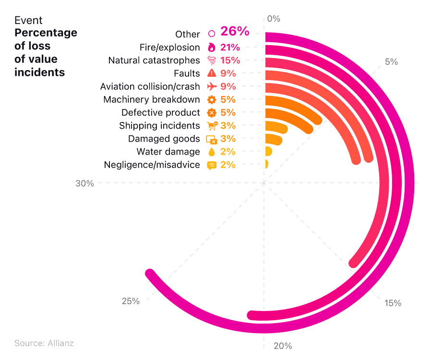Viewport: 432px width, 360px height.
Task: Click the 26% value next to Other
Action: pos(235,32)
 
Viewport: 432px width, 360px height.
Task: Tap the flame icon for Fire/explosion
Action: pos(211,48)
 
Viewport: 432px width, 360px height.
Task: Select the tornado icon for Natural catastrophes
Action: pos(211,60)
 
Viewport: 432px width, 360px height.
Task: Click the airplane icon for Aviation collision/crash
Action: pos(211,86)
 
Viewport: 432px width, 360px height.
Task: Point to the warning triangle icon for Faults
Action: pos(211,73)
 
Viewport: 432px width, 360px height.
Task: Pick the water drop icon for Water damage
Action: pos(211,152)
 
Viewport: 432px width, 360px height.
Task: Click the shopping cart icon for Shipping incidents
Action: pos(212,126)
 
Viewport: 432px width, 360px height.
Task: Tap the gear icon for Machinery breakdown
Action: pos(211,99)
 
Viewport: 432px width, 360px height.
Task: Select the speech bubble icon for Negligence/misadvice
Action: pos(211,165)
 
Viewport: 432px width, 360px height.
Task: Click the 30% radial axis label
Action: pos(84,183)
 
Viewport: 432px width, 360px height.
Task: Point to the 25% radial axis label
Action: pos(131,301)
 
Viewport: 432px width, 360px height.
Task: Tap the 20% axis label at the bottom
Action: pos(282,346)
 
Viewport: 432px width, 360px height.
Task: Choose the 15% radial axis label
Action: pos(393,303)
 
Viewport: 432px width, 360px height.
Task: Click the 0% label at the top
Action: pos(274,19)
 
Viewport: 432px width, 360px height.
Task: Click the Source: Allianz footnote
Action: pos(44,343)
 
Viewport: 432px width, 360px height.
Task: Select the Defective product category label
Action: pos(160,113)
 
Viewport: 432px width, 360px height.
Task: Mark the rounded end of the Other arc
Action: pos(150,274)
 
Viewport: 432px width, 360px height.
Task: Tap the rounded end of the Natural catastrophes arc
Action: pos(354,263)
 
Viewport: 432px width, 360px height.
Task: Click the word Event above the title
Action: pos(28,20)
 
